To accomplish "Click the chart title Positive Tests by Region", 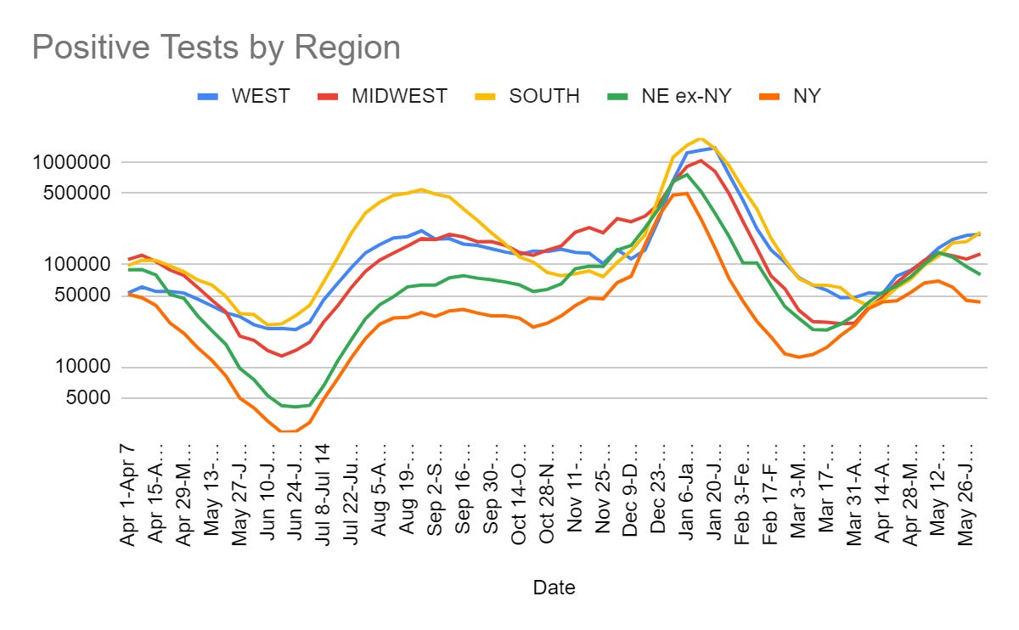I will pyautogui.click(x=216, y=48).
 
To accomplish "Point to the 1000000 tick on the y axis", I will pyautogui.click(x=76, y=162).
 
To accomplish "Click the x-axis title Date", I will pyautogui.click(x=554, y=587).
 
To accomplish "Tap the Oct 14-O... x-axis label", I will pyautogui.click(x=519, y=492).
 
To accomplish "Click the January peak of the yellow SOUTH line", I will pyautogui.click(x=699, y=138).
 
